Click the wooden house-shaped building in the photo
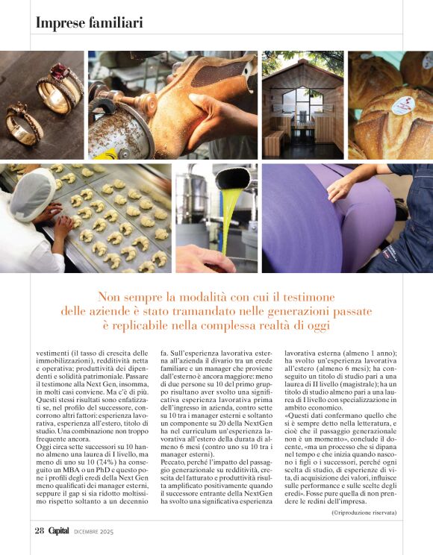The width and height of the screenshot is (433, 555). point(302,101)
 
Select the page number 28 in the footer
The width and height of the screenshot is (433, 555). point(40,530)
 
